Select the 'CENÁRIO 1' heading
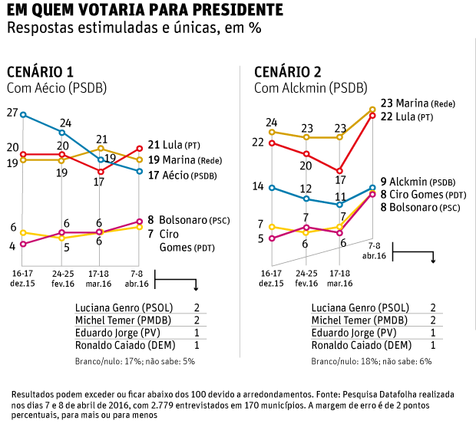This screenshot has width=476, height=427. click(40, 73)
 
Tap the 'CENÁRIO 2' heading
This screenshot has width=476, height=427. click(288, 73)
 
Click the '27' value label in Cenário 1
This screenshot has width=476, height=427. click(12, 113)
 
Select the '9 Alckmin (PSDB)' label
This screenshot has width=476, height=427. click(418, 182)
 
